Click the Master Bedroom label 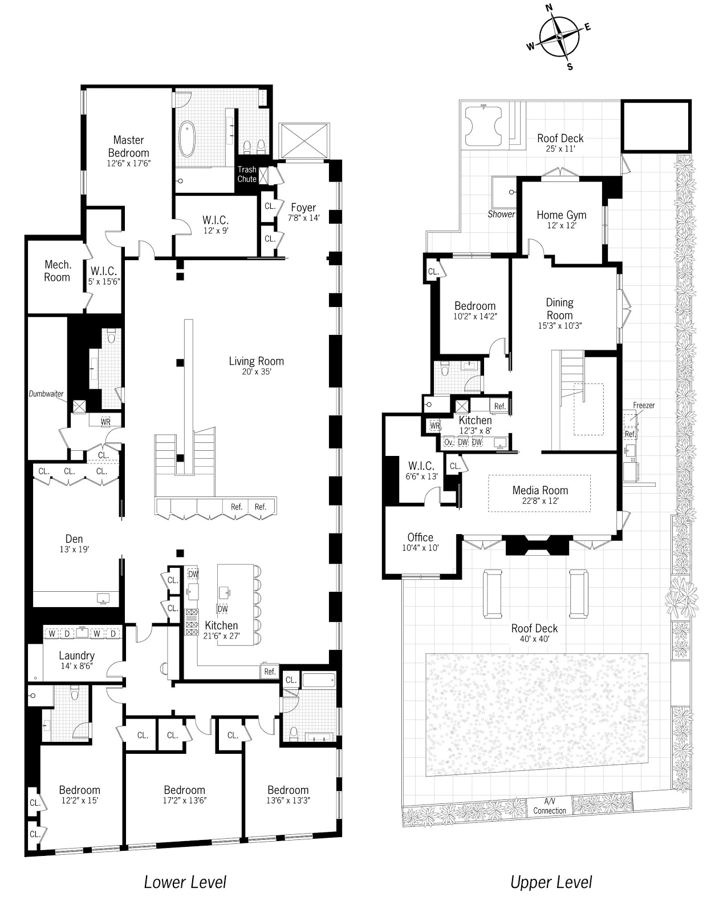(128, 147)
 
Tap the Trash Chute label (247, 175)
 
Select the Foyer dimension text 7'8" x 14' (303, 218)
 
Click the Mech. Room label (57, 271)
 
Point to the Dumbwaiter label (46, 394)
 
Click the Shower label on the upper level (501, 214)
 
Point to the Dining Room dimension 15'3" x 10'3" (560, 326)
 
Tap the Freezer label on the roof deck (644, 406)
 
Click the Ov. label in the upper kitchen (449, 442)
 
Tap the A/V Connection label (550, 806)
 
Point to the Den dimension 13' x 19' (74, 550)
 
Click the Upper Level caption (551, 879)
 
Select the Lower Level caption (185, 879)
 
